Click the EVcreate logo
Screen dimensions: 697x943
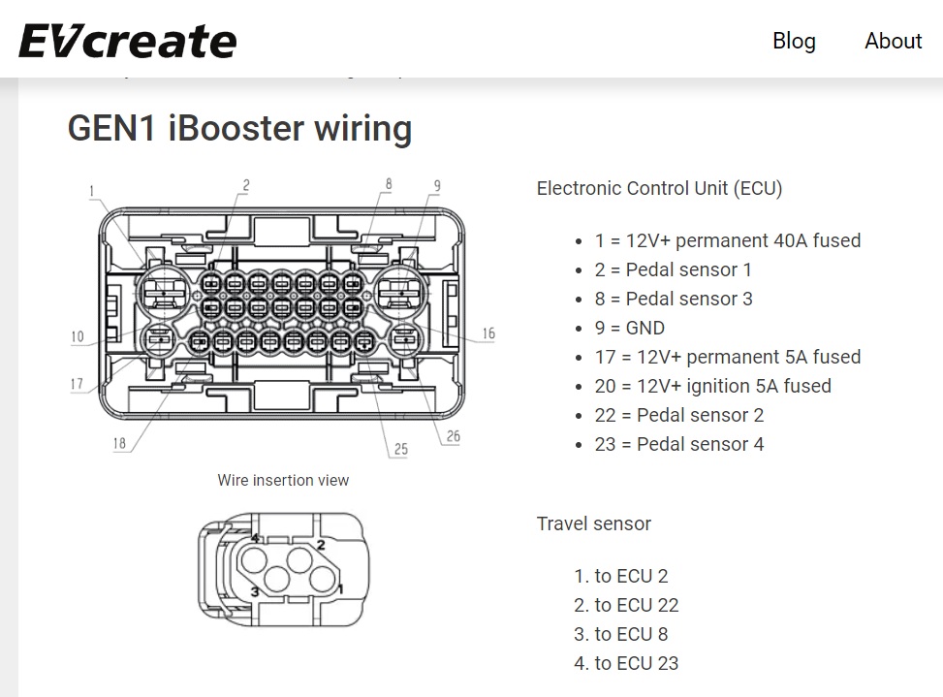click(127, 41)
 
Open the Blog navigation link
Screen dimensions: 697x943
click(794, 41)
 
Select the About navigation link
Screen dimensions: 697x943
click(893, 41)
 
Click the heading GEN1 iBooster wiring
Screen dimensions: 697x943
click(239, 129)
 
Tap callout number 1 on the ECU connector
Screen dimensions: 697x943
click(93, 192)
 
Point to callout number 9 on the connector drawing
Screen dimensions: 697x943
click(437, 186)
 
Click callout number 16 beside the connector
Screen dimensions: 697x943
click(488, 333)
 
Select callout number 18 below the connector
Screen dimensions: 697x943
click(119, 444)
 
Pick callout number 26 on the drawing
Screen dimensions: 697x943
click(453, 436)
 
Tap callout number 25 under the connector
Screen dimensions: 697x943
click(400, 450)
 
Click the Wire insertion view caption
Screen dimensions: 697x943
click(283, 480)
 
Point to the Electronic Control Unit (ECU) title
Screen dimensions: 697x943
click(659, 188)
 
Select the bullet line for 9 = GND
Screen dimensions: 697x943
click(630, 328)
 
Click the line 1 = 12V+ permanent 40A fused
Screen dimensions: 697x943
click(728, 240)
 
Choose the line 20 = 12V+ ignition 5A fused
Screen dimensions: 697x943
click(713, 386)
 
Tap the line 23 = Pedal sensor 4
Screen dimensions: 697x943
click(679, 444)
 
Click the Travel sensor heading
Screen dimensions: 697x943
click(593, 523)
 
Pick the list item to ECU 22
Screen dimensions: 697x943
click(636, 605)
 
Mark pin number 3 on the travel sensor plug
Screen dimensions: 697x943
click(255, 591)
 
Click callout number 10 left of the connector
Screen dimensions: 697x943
click(78, 337)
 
